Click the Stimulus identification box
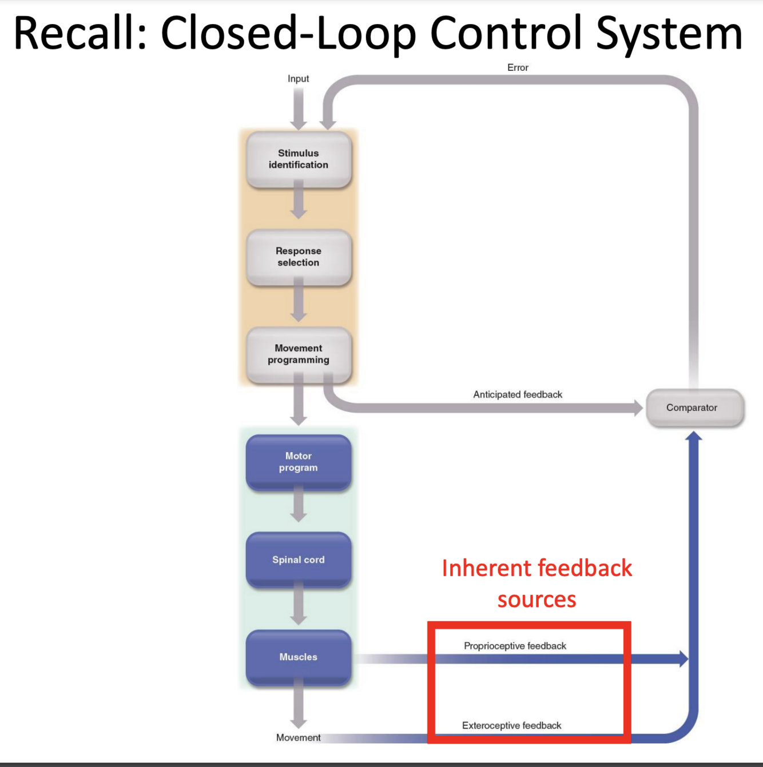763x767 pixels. point(298,159)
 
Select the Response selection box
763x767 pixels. point(298,257)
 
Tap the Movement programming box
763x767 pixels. point(298,354)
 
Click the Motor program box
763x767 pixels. point(298,462)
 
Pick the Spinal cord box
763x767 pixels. point(298,560)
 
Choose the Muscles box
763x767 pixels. point(298,657)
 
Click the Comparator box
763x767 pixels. point(694,408)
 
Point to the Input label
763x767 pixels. point(298,79)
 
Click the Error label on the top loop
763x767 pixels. point(518,67)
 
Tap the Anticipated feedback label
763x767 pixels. point(517,394)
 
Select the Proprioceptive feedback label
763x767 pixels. point(515,646)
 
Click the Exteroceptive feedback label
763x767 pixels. point(511,725)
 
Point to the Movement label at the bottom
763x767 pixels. point(298,738)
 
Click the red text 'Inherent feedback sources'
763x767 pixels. point(537,584)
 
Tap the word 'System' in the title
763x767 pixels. point(669,33)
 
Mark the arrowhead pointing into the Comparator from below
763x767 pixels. point(694,436)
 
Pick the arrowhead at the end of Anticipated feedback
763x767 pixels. point(638,408)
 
